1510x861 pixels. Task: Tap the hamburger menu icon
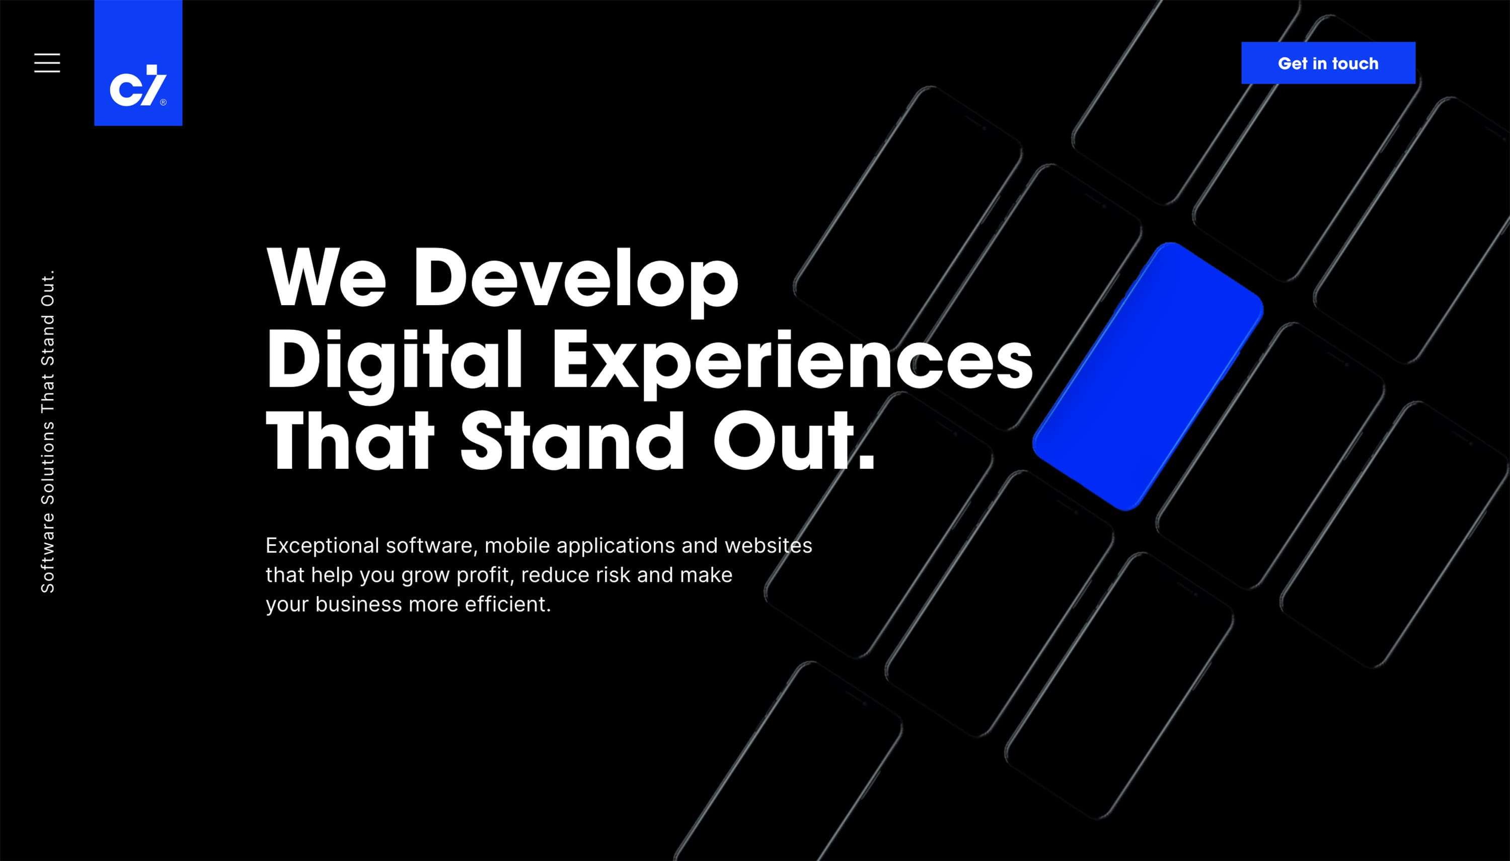pos(47,62)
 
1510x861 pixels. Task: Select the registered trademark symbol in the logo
pos(163,102)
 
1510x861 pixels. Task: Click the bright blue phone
pos(1147,376)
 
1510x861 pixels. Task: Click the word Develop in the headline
pos(576,278)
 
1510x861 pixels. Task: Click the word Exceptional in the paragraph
pos(322,545)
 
